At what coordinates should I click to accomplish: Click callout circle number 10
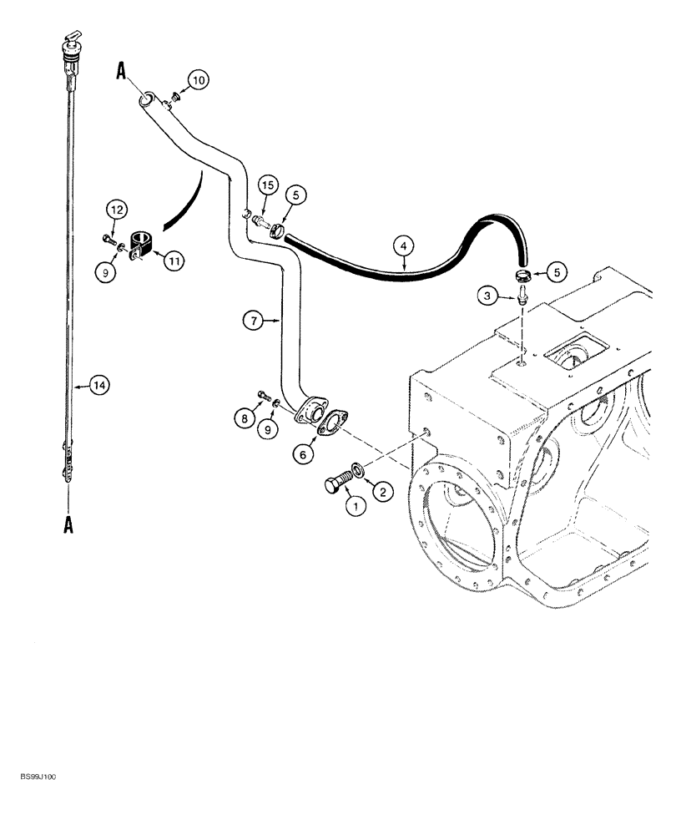click(197, 80)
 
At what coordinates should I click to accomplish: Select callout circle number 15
click(265, 185)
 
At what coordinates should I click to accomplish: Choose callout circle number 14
click(99, 385)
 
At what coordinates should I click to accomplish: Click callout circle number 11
click(175, 262)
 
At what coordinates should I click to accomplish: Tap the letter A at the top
click(121, 73)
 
